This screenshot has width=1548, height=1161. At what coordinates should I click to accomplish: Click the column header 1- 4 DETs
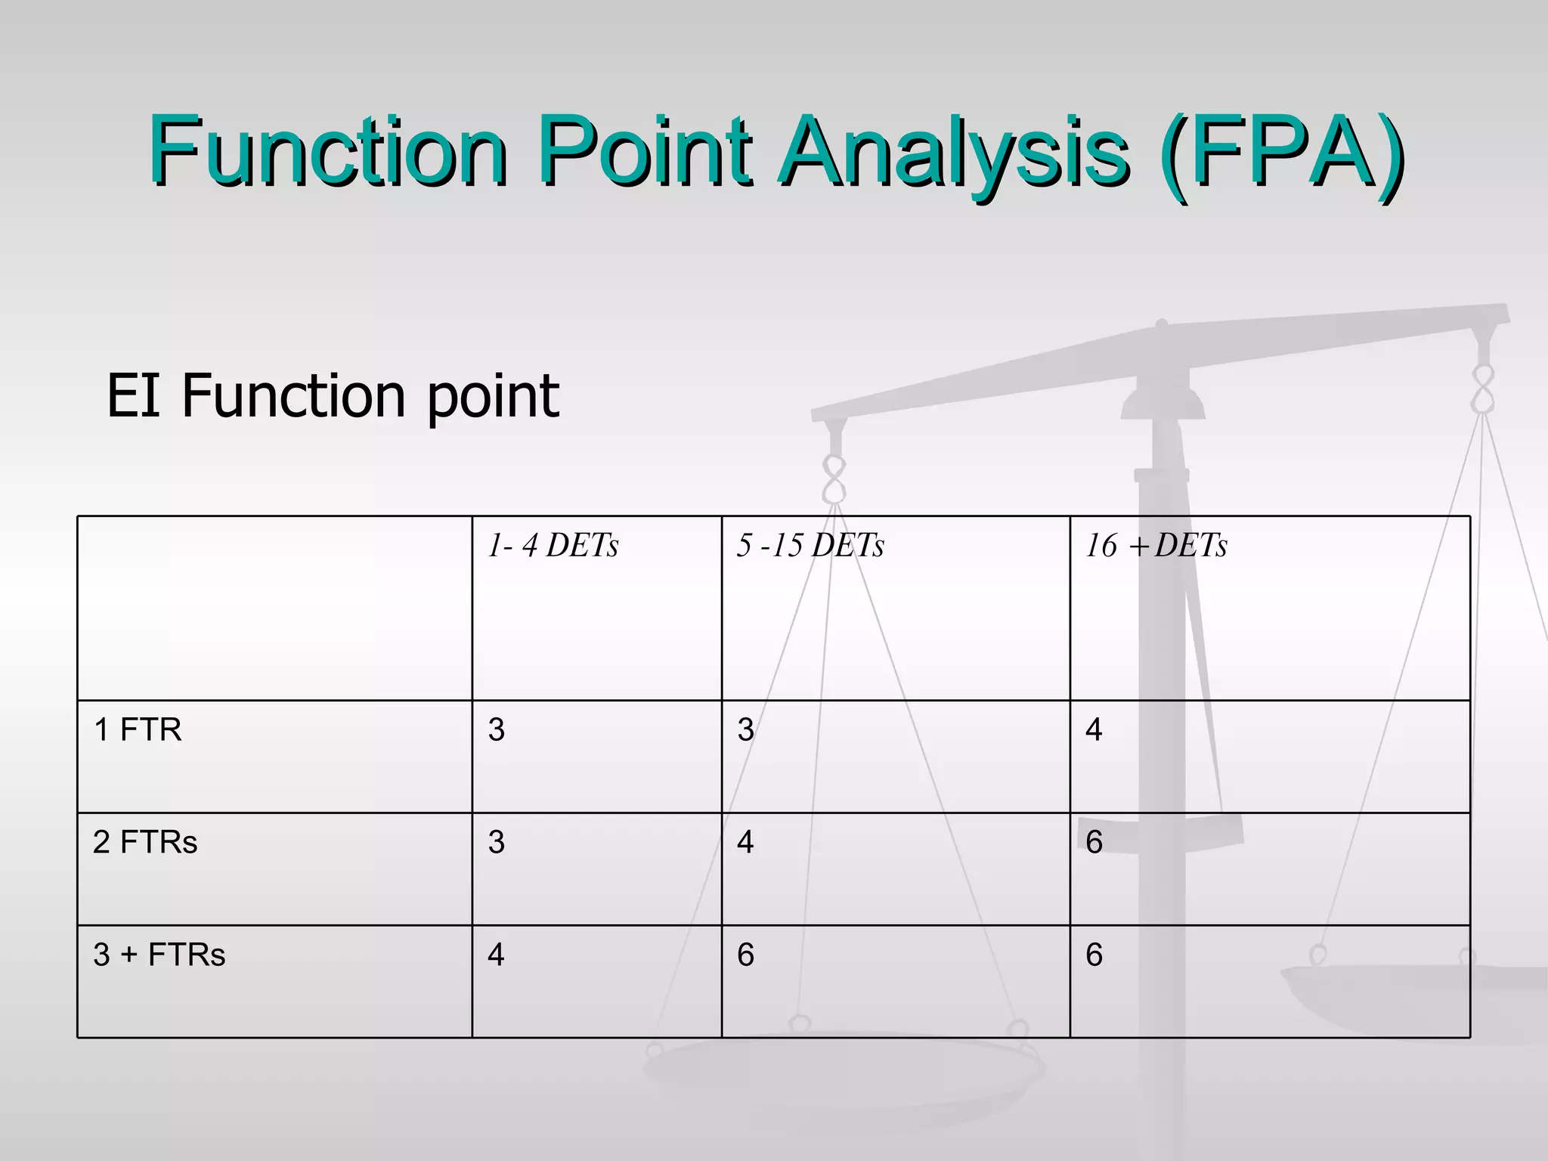click(553, 546)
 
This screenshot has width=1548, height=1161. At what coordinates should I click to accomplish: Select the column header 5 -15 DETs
click(810, 546)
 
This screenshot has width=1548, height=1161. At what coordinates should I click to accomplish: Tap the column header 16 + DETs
click(1156, 546)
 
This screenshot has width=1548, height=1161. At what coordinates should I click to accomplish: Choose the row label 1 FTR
click(138, 730)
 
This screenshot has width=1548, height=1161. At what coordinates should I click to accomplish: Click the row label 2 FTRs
click(145, 842)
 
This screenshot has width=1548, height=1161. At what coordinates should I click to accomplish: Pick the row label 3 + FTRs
click(159, 955)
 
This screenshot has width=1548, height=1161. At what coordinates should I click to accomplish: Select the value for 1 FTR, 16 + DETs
click(1094, 730)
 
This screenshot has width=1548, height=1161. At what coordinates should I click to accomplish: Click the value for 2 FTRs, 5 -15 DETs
click(745, 842)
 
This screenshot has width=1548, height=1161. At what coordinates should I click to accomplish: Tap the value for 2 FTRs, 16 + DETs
click(1094, 842)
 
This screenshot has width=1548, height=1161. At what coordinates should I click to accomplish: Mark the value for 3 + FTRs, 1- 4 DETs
click(496, 955)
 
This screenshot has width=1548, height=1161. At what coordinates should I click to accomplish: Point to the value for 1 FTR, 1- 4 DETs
click(496, 730)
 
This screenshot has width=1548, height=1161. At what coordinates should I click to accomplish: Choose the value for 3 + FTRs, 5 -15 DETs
click(745, 955)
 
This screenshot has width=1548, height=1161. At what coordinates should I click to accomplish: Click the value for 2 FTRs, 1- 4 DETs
click(496, 842)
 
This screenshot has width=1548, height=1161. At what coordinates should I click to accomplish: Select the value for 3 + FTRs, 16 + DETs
click(1094, 955)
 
